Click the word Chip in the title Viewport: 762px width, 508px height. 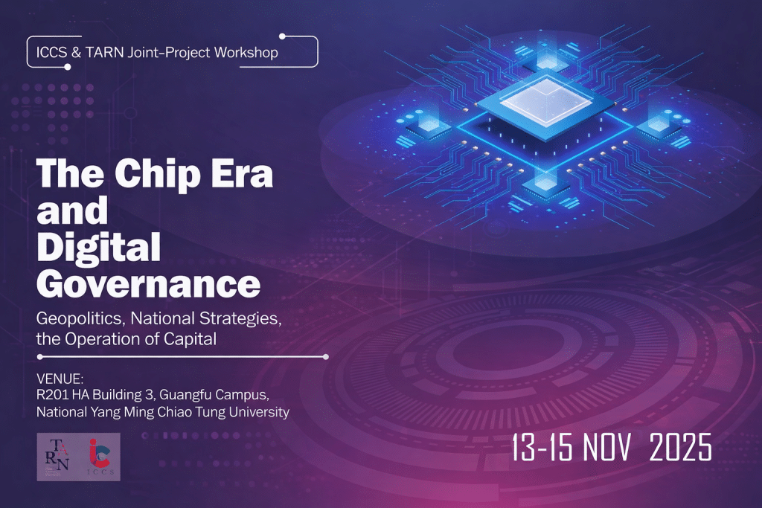pyautogui.click(x=158, y=175)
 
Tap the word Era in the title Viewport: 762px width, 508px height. pyautogui.click(x=243, y=173)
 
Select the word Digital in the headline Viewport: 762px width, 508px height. pyautogui.click(x=99, y=248)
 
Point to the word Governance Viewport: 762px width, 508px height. pyautogui.click(x=149, y=284)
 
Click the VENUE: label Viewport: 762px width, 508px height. pyautogui.click(x=60, y=379)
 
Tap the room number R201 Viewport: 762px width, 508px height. pyautogui.click(x=53, y=395)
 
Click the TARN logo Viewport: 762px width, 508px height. pyautogui.click(x=57, y=457)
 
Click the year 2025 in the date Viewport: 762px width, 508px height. pyautogui.click(x=680, y=447)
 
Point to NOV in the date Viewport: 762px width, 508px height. pyautogui.click(x=607, y=447)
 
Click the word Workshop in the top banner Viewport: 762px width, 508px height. pyautogui.click(x=246, y=53)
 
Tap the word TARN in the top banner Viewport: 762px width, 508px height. pyautogui.click(x=104, y=53)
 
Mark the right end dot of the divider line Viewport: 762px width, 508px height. pyautogui.click(x=326, y=357)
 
